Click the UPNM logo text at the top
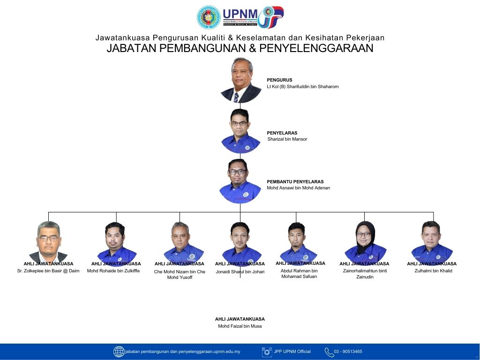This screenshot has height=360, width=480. tap(240, 14)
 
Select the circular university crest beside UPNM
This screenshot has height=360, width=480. tap(209, 17)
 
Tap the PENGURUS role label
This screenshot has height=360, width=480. tap(279, 80)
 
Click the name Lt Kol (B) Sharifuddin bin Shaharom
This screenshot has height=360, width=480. tap(302, 87)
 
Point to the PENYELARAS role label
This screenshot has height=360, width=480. tap(282, 133)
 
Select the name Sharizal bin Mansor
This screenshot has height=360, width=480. tap(287, 139)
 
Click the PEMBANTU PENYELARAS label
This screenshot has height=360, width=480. tap(295, 181)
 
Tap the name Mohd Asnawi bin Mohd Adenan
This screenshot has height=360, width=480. tap(298, 187)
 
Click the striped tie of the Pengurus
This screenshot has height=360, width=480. tap(236, 97)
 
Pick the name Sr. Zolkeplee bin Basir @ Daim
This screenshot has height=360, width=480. tap(48, 270)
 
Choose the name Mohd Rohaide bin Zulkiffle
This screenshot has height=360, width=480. tap(113, 270)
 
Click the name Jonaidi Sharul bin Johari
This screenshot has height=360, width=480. tap(240, 271)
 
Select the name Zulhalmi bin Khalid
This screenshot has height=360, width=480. tap(433, 270)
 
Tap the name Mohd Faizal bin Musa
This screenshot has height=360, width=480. tap(240, 326)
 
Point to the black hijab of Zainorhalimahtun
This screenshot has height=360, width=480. tap(365, 236)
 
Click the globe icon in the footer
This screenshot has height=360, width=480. tap(119, 352)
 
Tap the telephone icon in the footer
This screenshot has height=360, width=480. tap(329, 352)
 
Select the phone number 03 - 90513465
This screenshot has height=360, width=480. tap(348, 352)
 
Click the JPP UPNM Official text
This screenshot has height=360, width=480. tap(292, 352)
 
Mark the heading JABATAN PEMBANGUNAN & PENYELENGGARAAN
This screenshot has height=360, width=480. tap(240, 48)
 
